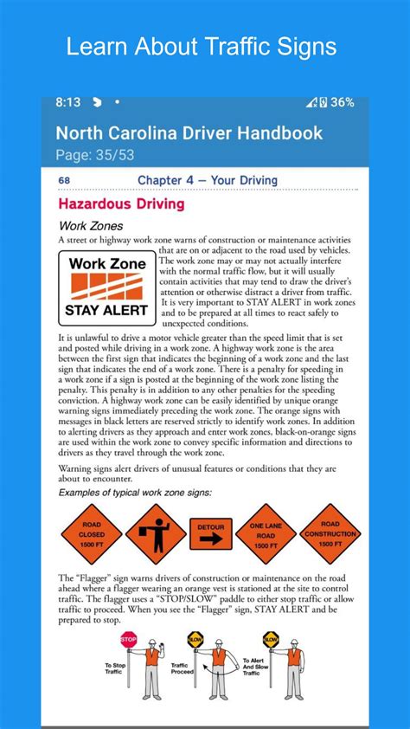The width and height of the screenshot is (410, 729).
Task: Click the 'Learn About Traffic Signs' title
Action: pyautogui.click(x=202, y=46)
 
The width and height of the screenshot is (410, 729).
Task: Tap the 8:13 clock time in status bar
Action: pyautogui.click(x=67, y=102)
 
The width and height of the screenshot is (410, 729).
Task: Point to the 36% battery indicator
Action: pyautogui.click(x=342, y=102)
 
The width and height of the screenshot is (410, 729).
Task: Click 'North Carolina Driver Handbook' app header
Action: pyautogui.click(x=189, y=132)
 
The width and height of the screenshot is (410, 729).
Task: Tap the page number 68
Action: pyautogui.click(x=64, y=180)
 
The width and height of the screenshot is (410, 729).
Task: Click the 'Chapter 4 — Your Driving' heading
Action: pyautogui.click(x=208, y=180)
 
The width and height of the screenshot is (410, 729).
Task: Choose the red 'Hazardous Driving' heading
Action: pyautogui.click(x=121, y=204)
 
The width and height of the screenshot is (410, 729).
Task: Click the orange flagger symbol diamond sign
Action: pyautogui.click(x=155, y=534)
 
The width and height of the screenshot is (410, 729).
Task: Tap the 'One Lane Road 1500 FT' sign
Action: pyautogui.click(x=266, y=534)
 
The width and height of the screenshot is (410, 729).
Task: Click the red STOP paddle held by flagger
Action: pyautogui.click(x=130, y=640)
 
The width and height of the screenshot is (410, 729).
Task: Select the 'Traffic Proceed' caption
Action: pyautogui.click(x=180, y=668)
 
